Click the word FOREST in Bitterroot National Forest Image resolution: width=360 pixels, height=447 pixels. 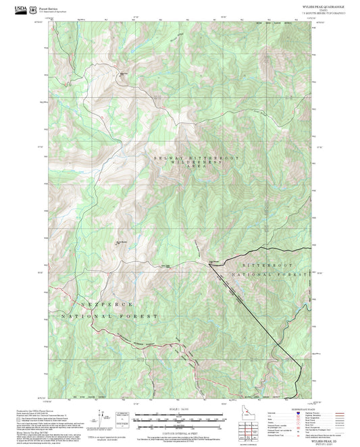293,275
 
